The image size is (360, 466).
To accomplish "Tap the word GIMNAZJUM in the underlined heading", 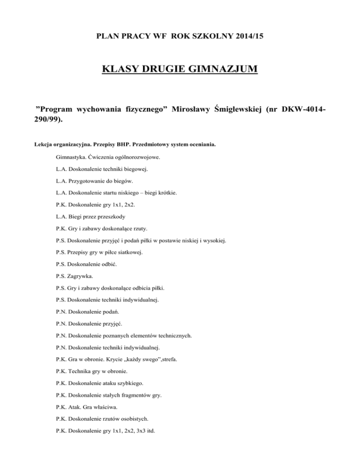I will (218, 70).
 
